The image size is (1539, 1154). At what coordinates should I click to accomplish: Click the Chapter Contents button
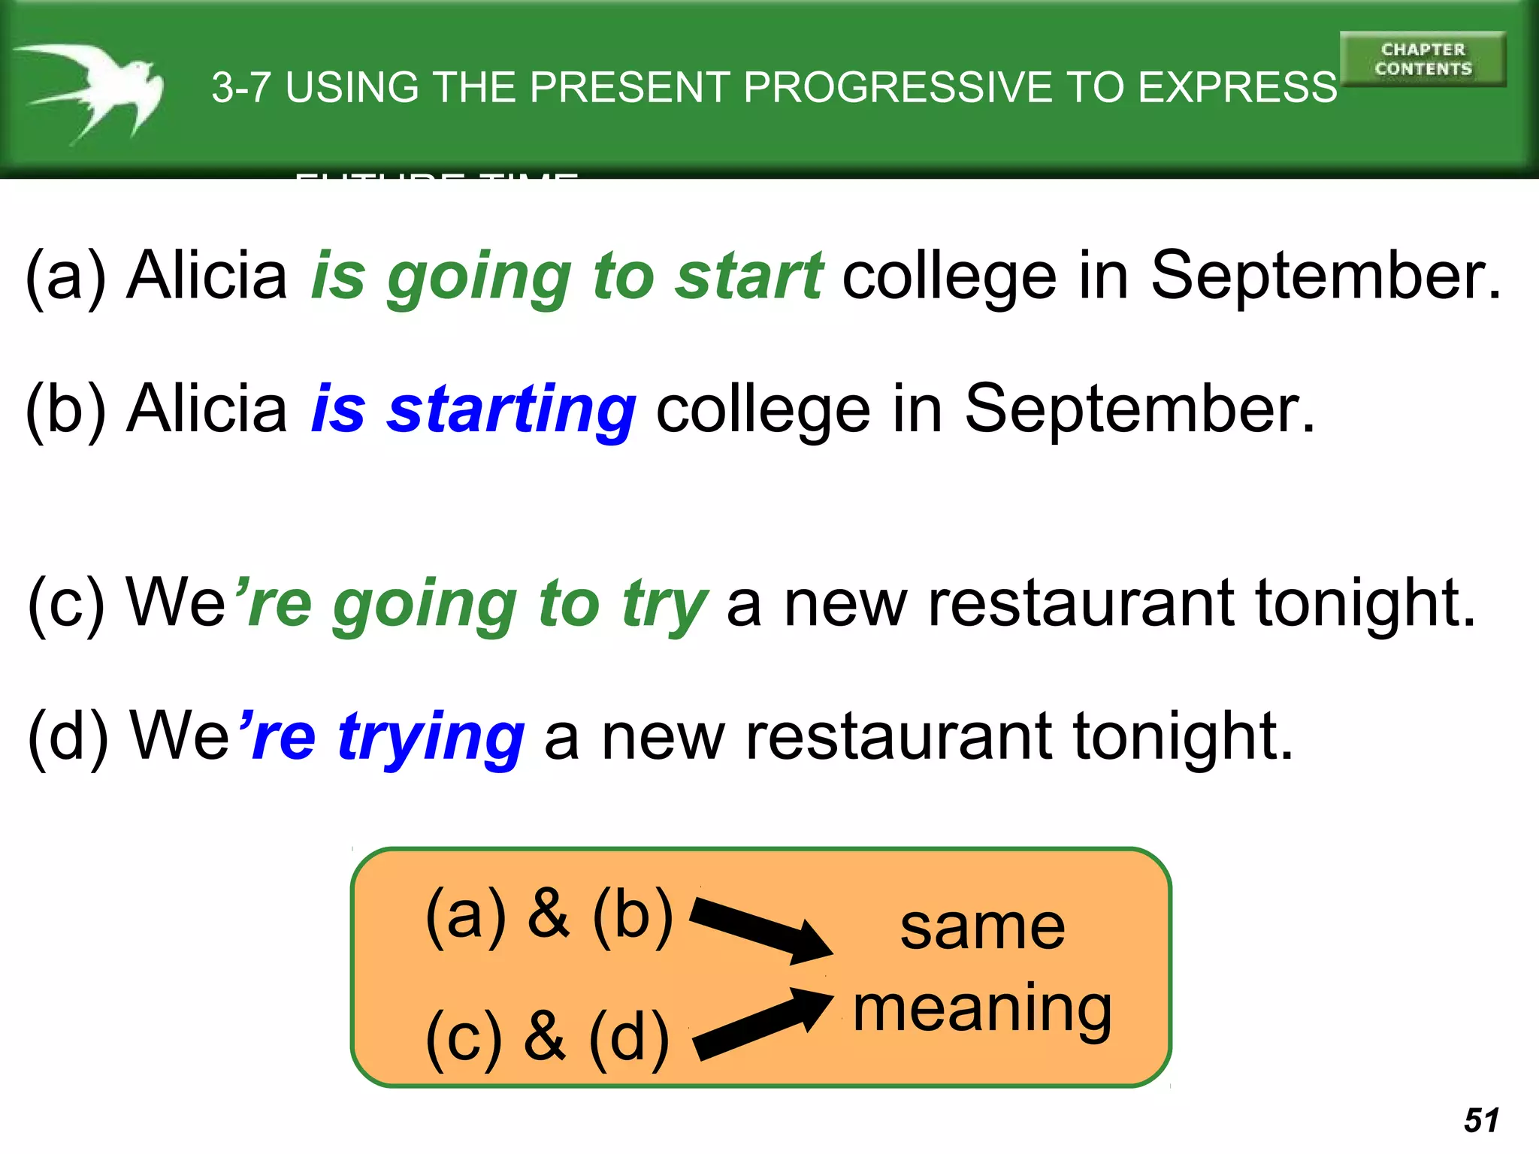[x=1423, y=59]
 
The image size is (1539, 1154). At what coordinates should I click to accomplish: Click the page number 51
[x=1481, y=1120]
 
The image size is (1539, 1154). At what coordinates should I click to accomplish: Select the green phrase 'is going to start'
[x=567, y=276]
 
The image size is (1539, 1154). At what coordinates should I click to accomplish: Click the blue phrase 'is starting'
[x=473, y=409]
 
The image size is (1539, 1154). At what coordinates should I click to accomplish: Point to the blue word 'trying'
[x=431, y=738]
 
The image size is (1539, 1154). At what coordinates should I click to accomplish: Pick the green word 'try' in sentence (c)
[x=664, y=605]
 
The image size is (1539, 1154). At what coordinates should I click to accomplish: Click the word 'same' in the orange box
[x=982, y=928]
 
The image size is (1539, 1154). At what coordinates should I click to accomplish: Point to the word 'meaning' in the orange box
[x=982, y=1011]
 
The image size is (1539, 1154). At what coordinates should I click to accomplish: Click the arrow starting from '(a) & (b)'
[x=759, y=929]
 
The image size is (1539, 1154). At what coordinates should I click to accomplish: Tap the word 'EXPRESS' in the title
[x=1237, y=88]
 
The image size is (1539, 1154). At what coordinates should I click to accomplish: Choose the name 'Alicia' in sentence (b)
[x=207, y=409]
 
